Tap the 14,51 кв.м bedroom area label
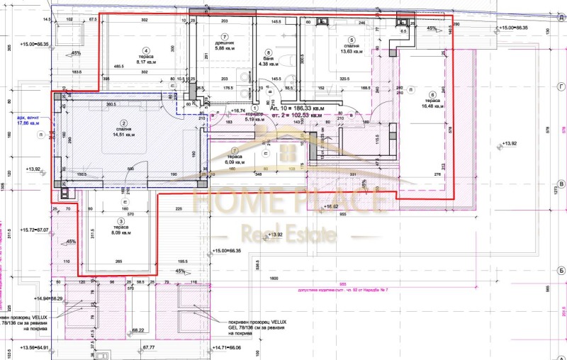point(122,136)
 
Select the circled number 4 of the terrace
point(145,50)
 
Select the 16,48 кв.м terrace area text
point(432,106)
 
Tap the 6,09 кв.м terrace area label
point(235,162)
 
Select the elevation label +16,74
point(237,111)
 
